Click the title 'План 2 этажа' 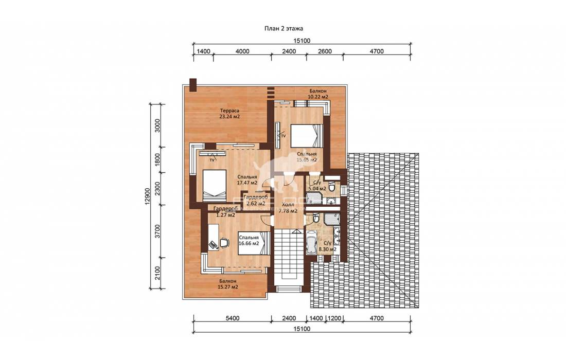[x=284, y=28]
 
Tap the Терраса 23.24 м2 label [x=229, y=114]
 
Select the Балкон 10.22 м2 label [x=317, y=94]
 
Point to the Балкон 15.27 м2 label [x=228, y=284]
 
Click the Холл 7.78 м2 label [x=288, y=208]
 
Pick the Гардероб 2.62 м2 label [x=256, y=200]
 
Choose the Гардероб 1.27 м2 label [x=225, y=212]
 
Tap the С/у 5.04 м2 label [x=317, y=186]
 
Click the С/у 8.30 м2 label [x=328, y=246]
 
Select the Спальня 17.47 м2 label [x=247, y=180]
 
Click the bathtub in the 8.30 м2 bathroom [x=311, y=243]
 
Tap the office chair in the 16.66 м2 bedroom [x=224, y=243]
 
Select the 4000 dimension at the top [x=242, y=51]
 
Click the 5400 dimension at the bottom [x=233, y=318]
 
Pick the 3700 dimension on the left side [x=156, y=231]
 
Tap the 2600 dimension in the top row [x=325, y=51]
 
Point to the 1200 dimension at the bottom [x=334, y=318]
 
